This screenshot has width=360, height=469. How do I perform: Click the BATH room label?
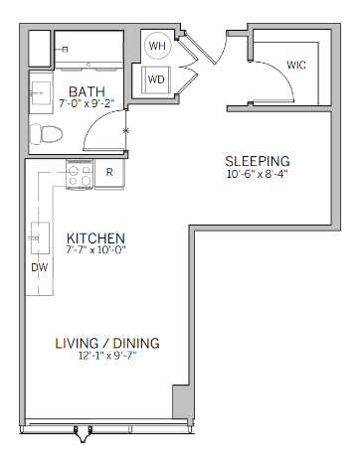coord(87,91)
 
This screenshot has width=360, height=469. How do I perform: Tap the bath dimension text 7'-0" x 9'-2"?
coord(87,103)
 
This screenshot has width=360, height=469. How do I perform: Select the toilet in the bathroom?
coord(46,134)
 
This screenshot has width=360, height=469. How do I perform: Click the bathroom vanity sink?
coord(41,93)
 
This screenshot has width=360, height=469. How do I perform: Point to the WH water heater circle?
coord(157,46)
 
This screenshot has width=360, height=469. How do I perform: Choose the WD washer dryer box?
coord(156,79)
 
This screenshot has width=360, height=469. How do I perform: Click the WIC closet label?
coord(296,65)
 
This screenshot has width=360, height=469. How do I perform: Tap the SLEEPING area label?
coord(258,161)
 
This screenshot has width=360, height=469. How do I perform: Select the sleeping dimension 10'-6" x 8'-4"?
coord(257,174)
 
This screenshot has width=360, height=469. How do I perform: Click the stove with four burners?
coord(80,175)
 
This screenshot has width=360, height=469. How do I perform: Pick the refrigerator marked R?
coord(109,173)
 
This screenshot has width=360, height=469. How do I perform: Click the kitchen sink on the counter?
coord(41,237)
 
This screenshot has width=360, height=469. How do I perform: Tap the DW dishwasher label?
coord(40,267)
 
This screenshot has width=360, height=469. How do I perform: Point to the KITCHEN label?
coord(95,238)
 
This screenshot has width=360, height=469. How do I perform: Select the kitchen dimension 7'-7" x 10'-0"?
coord(95,249)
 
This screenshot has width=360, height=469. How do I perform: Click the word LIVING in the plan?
coord(77,344)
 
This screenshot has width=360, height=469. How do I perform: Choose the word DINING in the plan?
coord(136,344)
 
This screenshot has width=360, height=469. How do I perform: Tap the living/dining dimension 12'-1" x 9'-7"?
coord(107,356)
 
